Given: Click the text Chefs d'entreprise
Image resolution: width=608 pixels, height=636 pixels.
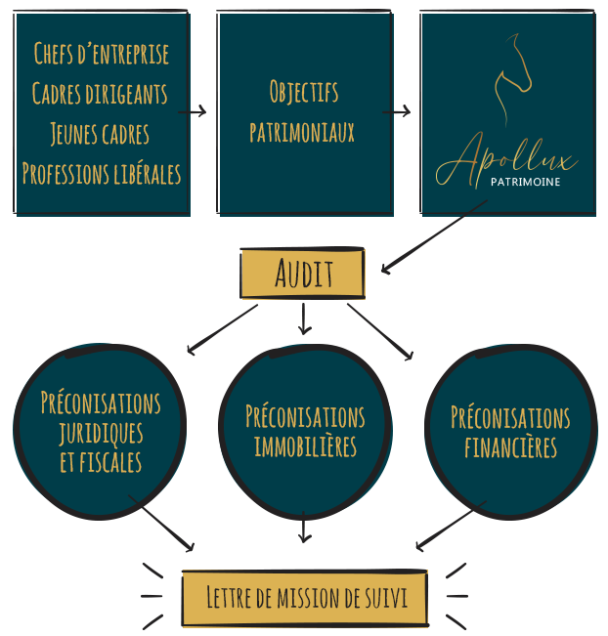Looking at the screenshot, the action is tap(101, 54).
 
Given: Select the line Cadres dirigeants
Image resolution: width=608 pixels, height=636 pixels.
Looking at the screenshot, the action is tap(100, 93).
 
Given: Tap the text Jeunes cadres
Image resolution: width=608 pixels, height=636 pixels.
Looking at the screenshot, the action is tap(100, 134).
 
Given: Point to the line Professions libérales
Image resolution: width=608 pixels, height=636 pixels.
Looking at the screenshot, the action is tap(102, 174).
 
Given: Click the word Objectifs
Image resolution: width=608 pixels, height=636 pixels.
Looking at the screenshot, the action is tap(304, 92).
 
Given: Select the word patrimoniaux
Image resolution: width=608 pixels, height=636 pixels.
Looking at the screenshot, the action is tap(302, 132).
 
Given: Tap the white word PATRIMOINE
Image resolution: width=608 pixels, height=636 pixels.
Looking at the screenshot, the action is tap(525, 182).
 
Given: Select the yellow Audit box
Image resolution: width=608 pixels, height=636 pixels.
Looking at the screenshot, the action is tap(303, 273).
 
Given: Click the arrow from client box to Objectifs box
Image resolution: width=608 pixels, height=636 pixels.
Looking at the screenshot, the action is tap(192, 111).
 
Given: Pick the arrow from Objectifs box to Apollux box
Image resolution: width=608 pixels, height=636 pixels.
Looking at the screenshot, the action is tap(396, 111).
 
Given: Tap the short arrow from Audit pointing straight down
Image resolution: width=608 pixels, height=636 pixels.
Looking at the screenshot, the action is tap(304, 318).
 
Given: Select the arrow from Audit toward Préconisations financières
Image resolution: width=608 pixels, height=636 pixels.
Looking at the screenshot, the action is tap(380, 332).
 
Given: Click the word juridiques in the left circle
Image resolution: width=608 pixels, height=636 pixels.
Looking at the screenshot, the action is tap(101, 433).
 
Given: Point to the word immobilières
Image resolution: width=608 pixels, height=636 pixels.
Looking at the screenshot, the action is tap(305, 446).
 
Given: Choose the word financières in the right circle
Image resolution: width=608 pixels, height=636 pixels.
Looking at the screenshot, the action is tap(510, 447).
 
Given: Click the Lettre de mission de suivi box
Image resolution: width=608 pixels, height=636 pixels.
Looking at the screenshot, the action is tap(305, 598).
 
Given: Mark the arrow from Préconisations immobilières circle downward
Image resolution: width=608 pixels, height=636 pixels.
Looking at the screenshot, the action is tap(304, 527).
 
